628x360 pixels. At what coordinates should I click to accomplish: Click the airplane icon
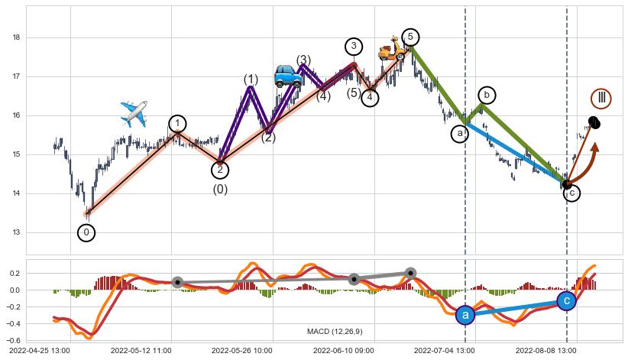(x=134, y=114)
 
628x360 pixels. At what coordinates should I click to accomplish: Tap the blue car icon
(x=288, y=75)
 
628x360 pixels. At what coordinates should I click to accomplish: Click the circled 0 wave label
(x=86, y=232)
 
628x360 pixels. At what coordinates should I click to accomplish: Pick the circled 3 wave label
(x=353, y=46)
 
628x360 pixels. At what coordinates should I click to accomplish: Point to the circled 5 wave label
(x=410, y=37)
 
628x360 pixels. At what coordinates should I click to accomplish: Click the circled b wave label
(x=487, y=95)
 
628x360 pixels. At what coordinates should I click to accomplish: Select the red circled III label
(x=601, y=98)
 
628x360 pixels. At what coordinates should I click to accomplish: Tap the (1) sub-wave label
(x=251, y=79)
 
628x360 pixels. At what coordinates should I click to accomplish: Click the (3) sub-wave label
(x=303, y=60)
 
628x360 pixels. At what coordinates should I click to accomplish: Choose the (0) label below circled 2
(x=220, y=190)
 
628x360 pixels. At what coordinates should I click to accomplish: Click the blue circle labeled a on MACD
(x=465, y=314)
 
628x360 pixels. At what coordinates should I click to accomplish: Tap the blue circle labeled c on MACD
(x=566, y=301)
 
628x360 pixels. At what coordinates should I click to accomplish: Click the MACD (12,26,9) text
(x=335, y=332)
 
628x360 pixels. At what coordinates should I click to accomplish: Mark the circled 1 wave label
(x=177, y=124)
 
